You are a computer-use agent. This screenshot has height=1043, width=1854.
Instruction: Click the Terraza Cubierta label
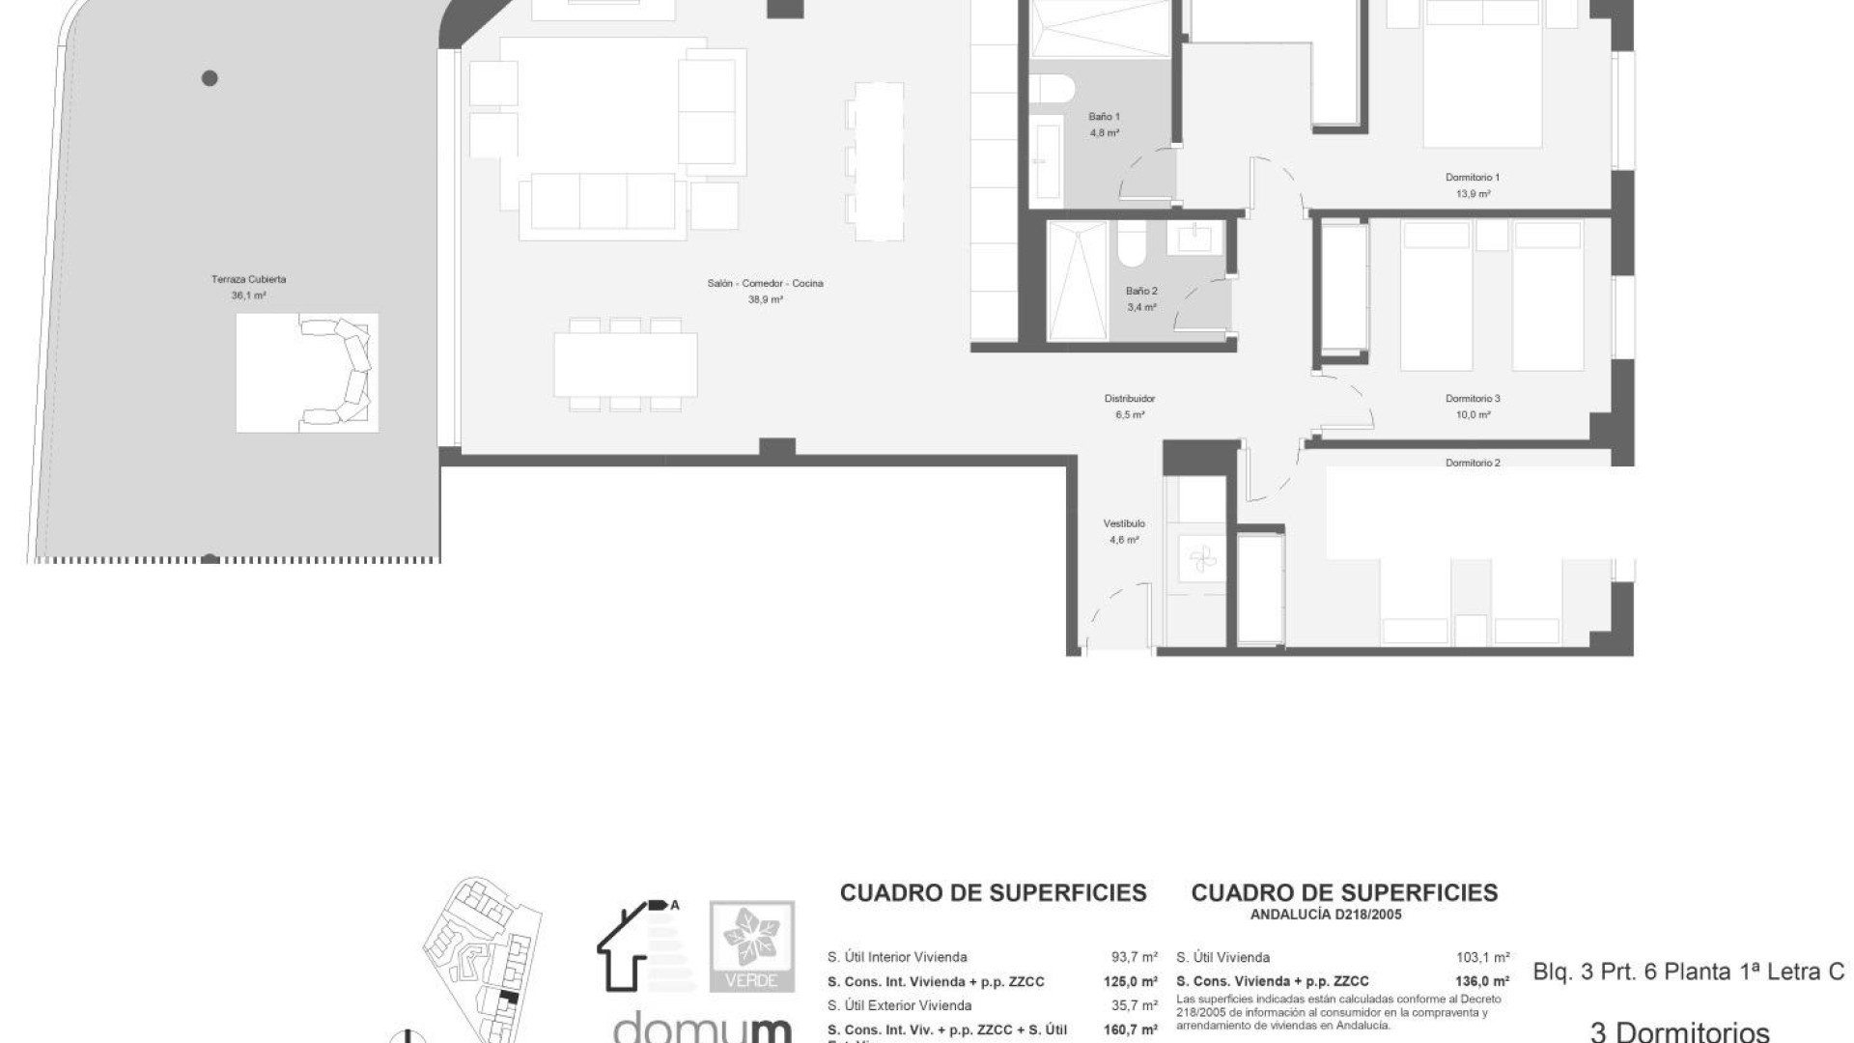tap(248, 280)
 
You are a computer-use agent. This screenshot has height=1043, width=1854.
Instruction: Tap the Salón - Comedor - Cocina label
tap(765, 284)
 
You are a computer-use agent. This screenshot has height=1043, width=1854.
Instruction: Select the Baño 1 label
tap(1104, 117)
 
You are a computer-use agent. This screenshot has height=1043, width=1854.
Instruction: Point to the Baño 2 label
tap(1141, 291)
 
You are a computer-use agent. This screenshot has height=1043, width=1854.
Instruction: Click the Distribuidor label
tap(1130, 399)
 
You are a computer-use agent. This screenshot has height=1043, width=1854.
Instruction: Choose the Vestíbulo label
tap(1124, 524)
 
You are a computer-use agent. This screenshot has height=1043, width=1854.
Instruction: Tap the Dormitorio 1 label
tap(1472, 178)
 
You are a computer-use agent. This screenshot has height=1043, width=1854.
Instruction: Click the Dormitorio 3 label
tap(1473, 399)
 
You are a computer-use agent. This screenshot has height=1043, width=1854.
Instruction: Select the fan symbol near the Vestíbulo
tap(1199, 559)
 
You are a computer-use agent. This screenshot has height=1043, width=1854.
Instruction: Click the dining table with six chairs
tap(625, 364)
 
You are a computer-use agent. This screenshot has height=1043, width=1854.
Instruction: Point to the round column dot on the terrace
tap(210, 78)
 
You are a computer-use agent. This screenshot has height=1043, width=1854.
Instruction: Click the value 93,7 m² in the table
tap(1134, 958)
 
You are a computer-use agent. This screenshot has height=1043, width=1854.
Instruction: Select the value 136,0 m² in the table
tap(1482, 982)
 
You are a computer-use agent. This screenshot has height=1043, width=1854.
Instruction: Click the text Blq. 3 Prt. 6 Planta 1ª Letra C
tap(1688, 973)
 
